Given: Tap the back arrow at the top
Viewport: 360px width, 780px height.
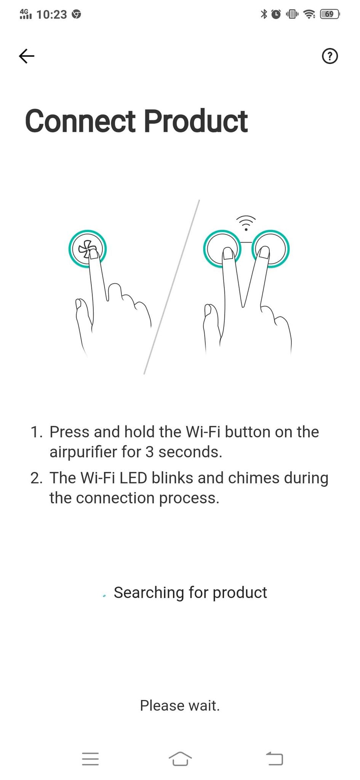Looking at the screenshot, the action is click(27, 56).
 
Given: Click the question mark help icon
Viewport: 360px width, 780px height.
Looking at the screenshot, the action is click(330, 56).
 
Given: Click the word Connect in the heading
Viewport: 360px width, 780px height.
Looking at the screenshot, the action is click(80, 121).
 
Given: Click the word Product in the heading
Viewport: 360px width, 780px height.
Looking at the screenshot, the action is click(196, 121).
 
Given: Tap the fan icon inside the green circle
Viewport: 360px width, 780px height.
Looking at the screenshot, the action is click(86, 249).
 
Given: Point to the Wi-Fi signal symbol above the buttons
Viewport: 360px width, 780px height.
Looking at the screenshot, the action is click(246, 223).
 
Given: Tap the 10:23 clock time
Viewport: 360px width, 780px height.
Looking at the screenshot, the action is click(52, 14).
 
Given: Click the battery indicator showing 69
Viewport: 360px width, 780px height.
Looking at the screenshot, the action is click(330, 14).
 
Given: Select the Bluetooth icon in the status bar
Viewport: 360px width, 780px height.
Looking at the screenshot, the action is click(264, 14).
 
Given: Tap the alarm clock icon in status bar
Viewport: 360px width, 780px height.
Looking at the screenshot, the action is click(276, 14).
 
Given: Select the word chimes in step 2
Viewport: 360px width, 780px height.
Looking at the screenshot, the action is click(254, 478).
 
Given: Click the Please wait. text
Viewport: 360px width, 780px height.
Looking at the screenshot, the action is click(180, 706).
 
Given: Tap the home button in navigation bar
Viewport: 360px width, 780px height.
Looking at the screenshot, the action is click(180, 759).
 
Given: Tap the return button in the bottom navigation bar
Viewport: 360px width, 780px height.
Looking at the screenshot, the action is click(275, 759).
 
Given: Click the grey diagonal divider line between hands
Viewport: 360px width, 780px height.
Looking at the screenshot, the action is click(172, 287).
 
